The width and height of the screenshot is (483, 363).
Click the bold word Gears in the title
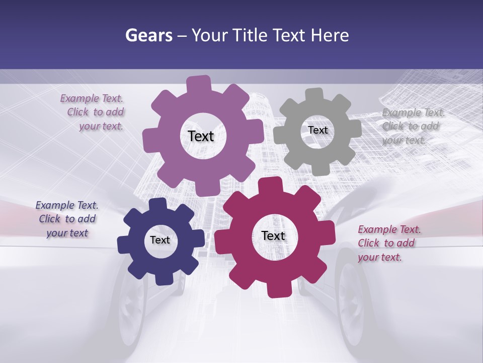pos(149,35)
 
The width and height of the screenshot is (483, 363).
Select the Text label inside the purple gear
pos(201,136)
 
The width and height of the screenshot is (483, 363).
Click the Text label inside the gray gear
pos(317,130)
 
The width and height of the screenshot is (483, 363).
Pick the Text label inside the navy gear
pos(160,240)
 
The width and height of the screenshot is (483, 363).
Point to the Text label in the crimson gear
pos(273,235)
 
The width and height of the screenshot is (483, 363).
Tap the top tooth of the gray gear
pos(314,95)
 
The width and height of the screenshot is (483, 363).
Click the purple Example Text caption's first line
pos(92,98)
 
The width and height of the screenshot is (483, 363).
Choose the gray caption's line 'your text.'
pos(404,141)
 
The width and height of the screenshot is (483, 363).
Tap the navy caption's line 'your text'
pos(67,233)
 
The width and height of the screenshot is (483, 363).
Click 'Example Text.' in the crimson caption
pos(389,229)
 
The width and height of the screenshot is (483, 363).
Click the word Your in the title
pos(210,35)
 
